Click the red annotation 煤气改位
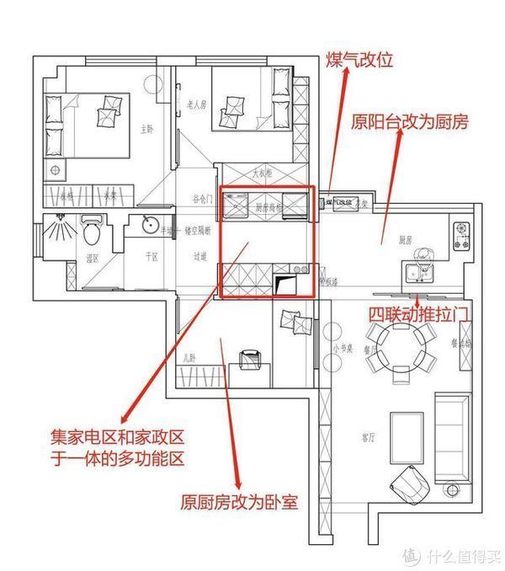(x=359, y=61)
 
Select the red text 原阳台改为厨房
(x=410, y=122)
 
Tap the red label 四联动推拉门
(x=418, y=313)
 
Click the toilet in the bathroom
(x=93, y=229)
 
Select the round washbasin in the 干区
(x=149, y=225)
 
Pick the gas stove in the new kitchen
(x=463, y=236)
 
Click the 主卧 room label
(x=146, y=130)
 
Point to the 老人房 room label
(x=195, y=105)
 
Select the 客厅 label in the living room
(x=367, y=438)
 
